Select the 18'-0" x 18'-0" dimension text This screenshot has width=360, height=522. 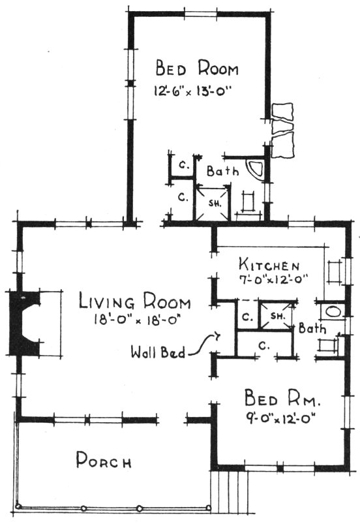coord(136,320)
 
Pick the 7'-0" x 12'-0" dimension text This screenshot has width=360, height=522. coord(273,278)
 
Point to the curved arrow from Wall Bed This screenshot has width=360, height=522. coord(209,342)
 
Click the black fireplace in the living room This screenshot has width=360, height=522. coord(25,324)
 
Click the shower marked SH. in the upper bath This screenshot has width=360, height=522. coord(214,202)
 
